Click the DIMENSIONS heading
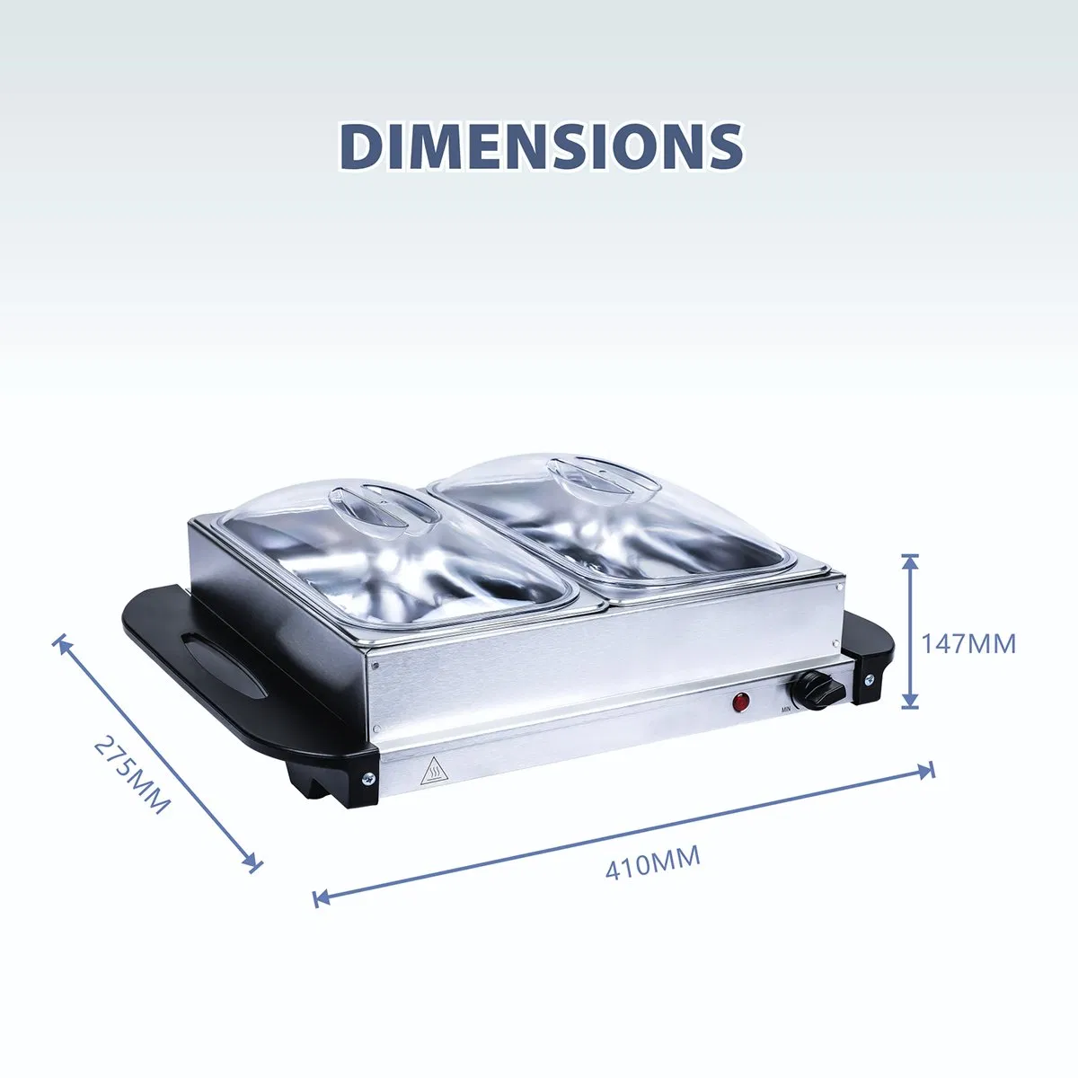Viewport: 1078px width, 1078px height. point(541,146)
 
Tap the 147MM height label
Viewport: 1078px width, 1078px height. point(968,644)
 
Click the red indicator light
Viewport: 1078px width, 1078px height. point(742,702)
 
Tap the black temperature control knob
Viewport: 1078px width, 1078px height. point(817,690)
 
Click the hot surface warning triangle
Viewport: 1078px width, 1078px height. point(433,772)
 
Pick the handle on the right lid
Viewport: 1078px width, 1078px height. point(605,480)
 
